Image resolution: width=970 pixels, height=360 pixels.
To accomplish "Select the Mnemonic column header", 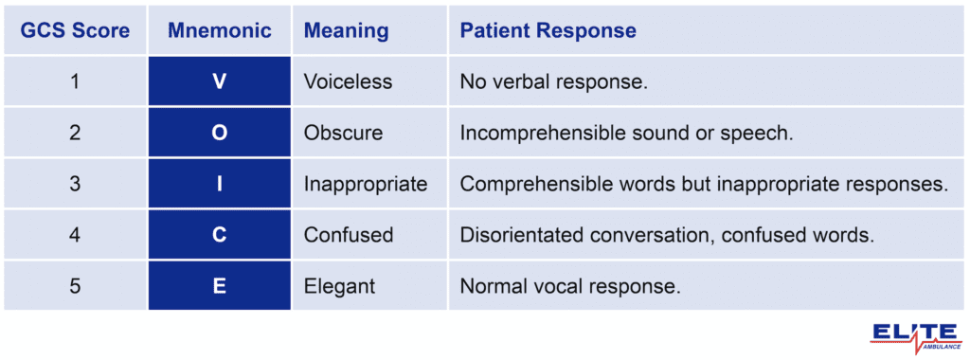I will point(219,31).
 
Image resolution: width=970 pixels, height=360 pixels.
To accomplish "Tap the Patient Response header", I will point(548,31).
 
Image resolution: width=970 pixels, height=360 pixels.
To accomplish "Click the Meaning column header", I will point(346,31).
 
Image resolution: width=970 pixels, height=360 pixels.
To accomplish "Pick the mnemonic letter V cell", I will point(219,82).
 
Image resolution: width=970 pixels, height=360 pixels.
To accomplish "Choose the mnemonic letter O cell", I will point(219,134).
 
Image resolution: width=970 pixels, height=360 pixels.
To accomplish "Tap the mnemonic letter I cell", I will point(219,184).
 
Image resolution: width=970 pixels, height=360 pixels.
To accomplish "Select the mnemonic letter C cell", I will point(219,235).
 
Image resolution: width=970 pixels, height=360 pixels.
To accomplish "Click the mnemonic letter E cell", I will point(219,285).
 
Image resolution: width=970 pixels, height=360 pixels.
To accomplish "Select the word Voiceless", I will point(348,82).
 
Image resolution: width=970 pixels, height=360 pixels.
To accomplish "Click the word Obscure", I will point(343,134).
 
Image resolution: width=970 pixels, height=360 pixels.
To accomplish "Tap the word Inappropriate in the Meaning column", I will point(366,184).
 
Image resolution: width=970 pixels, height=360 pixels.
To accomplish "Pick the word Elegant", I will point(339,285).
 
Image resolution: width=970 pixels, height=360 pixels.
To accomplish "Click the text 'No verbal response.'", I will point(553,82).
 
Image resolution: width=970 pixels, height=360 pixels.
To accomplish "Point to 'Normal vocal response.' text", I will point(569,285).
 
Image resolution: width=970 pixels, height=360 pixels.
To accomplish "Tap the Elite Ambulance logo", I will point(915,336).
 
